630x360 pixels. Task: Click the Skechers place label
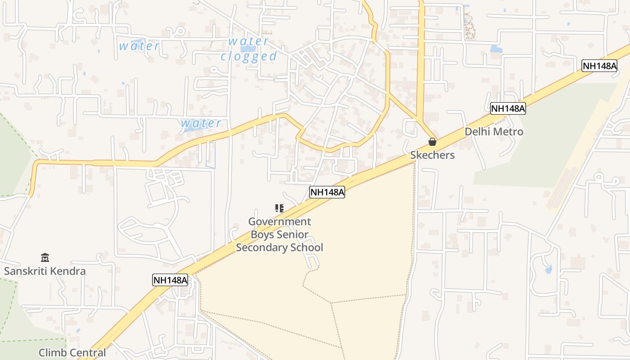point(432,155)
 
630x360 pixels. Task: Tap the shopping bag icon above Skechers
point(432,142)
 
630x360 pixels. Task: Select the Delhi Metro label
point(494,132)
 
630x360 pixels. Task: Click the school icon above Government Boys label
point(279,208)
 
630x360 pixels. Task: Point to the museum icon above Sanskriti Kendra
point(45,258)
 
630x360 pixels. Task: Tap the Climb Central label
point(72,353)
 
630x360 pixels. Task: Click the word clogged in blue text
point(248,56)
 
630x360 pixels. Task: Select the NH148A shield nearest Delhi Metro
point(508,108)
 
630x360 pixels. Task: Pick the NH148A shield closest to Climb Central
point(170,280)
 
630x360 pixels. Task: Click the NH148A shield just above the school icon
point(327,193)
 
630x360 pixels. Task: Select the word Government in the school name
point(279,222)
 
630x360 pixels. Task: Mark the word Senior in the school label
point(292,235)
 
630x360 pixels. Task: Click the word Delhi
point(477,132)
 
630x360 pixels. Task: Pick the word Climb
point(51,353)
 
